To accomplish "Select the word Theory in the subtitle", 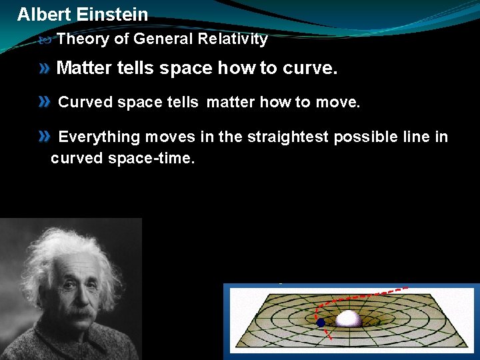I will click(x=83, y=39).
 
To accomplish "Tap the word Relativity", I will click(x=233, y=39).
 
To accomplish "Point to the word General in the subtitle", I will click(x=163, y=39).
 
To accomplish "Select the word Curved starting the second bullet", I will click(x=85, y=102).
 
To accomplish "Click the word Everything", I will click(x=99, y=137).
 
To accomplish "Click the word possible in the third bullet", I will click(x=363, y=137).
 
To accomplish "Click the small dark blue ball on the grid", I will click(x=321, y=322).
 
